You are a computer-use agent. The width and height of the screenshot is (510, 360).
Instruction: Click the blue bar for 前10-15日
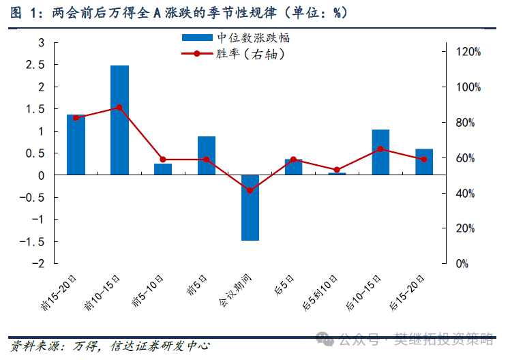119,120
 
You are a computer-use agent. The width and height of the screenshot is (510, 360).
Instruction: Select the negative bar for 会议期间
250,207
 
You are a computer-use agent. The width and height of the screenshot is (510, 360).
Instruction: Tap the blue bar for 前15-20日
76,145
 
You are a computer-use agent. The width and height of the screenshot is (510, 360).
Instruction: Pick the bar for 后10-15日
380,152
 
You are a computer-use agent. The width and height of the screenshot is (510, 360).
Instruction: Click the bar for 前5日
207,155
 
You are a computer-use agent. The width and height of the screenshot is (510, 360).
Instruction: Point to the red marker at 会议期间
250,190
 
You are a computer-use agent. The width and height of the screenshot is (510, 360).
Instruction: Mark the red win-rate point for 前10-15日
119,108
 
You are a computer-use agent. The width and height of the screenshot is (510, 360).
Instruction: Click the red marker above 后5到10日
337,170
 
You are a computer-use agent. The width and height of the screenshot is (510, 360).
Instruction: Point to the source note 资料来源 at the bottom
109,346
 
